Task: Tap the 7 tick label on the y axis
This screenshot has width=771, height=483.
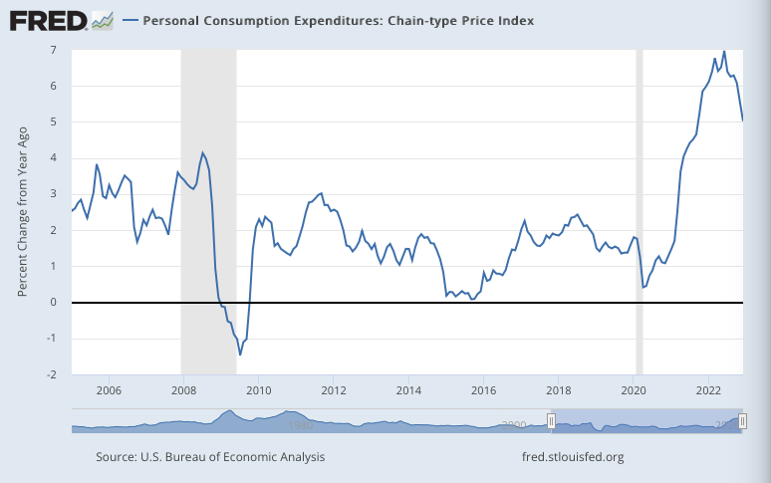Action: coord(52,50)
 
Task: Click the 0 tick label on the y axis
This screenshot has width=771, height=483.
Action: coord(52,303)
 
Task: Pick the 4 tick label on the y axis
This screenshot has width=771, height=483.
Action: coord(52,158)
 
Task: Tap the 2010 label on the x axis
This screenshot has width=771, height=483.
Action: coord(258,389)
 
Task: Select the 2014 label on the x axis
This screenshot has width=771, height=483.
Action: coord(408,389)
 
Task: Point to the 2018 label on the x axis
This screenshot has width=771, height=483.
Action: coord(559,389)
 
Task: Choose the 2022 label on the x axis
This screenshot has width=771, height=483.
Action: coord(708,389)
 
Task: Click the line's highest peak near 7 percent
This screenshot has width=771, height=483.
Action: coord(724,52)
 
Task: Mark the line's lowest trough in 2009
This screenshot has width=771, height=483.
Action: coord(240,355)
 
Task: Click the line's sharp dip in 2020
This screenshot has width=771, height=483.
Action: coord(643,287)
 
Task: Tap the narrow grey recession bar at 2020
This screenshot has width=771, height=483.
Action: coord(640,199)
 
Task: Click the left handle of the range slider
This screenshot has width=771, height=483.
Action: coord(551,423)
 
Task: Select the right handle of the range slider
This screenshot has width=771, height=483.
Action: coord(742,423)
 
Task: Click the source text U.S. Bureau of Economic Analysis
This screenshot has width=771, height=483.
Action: coord(210,457)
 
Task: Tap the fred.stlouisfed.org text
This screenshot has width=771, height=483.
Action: coord(573,457)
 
